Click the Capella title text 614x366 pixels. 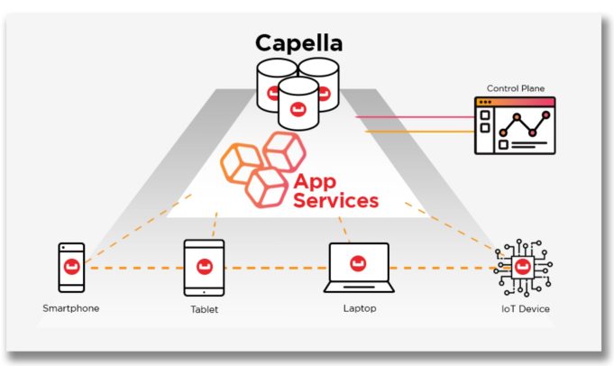(x=299, y=43)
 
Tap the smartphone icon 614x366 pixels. (x=71, y=268)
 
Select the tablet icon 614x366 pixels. (x=204, y=268)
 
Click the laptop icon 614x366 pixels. (x=359, y=268)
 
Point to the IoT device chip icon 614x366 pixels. (x=523, y=268)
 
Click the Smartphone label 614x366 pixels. (x=71, y=308)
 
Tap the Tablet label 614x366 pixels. (x=204, y=309)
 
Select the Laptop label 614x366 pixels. (x=360, y=308)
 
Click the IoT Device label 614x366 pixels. (x=526, y=309)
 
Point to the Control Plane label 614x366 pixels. (x=516, y=88)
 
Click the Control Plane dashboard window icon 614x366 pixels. (x=515, y=125)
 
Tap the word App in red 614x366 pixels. (x=315, y=181)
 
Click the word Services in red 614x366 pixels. (x=336, y=200)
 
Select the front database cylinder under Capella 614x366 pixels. (x=298, y=104)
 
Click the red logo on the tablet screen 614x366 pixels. (x=205, y=267)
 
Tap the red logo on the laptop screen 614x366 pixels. (x=358, y=263)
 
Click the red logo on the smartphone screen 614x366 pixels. (x=71, y=267)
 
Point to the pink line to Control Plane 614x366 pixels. (x=415, y=116)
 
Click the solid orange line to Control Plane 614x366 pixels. (x=419, y=131)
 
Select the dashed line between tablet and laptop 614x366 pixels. (x=277, y=268)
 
